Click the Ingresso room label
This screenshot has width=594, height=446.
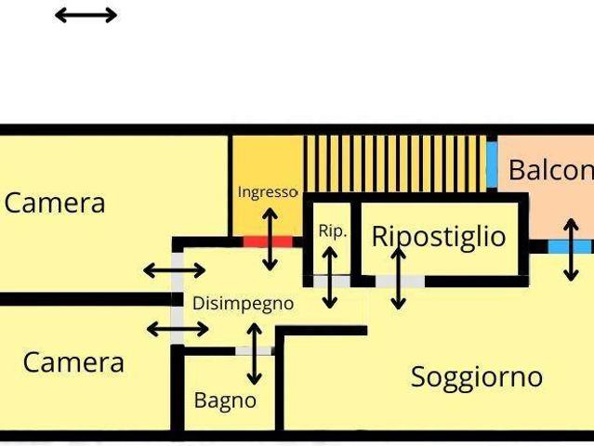(x=267, y=192)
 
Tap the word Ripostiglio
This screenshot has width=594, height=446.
(x=439, y=236)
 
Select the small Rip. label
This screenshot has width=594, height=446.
(x=333, y=231)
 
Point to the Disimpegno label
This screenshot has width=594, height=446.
(x=243, y=303)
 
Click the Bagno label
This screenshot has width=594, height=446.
(x=225, y=400)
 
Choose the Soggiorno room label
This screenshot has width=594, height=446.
(x=476, y=376)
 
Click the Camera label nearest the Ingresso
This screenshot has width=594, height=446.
(x=55, y=202)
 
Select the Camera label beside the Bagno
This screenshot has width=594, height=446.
(x=73, y=361)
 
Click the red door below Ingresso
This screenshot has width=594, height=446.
(x=268, y=242)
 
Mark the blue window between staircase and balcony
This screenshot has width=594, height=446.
(x=492, y=164)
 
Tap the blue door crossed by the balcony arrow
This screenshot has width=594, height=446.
(x=569, y=246)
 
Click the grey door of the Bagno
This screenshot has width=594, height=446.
(x=254, y=350)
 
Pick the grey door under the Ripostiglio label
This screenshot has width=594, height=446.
(x=400, y=281)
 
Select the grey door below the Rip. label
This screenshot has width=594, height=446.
(x=331, y=281)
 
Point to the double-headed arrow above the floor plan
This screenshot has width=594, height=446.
(x=86, y=15)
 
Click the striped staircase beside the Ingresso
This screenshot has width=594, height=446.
(x=400, y=164)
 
